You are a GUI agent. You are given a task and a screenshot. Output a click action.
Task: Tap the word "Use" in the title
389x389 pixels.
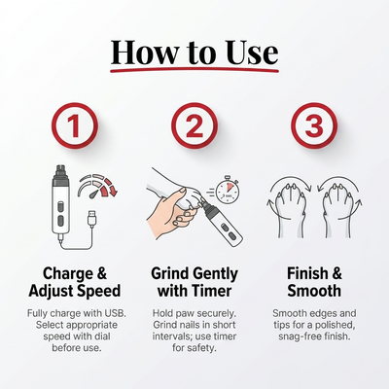coord(251,53)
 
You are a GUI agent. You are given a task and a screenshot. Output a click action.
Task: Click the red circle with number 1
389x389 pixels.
coord(75,125)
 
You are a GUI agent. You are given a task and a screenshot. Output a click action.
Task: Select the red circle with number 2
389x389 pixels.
coord(194,125)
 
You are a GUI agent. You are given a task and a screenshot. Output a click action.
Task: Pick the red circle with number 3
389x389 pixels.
coord(314,125)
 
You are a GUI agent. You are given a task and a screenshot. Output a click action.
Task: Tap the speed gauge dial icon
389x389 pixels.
coord(97,187)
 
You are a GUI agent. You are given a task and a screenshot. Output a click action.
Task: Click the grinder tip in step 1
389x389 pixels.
coord(61,171)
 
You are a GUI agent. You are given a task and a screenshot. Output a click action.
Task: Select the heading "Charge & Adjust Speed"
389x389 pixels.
coord(75,282)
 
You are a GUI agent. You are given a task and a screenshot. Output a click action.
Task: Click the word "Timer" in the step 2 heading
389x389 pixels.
coord(211,291)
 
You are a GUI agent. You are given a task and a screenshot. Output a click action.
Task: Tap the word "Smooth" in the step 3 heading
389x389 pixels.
coord(314,291)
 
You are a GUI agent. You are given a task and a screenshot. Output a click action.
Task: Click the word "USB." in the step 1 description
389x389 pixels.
coord(115,313)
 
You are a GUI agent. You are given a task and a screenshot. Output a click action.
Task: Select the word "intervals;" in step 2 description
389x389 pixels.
coord(171,336)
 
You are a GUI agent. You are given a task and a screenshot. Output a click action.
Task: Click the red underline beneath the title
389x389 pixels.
coord(194,69)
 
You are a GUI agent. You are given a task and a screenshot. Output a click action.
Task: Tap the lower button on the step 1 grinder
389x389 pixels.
coord(60,222)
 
